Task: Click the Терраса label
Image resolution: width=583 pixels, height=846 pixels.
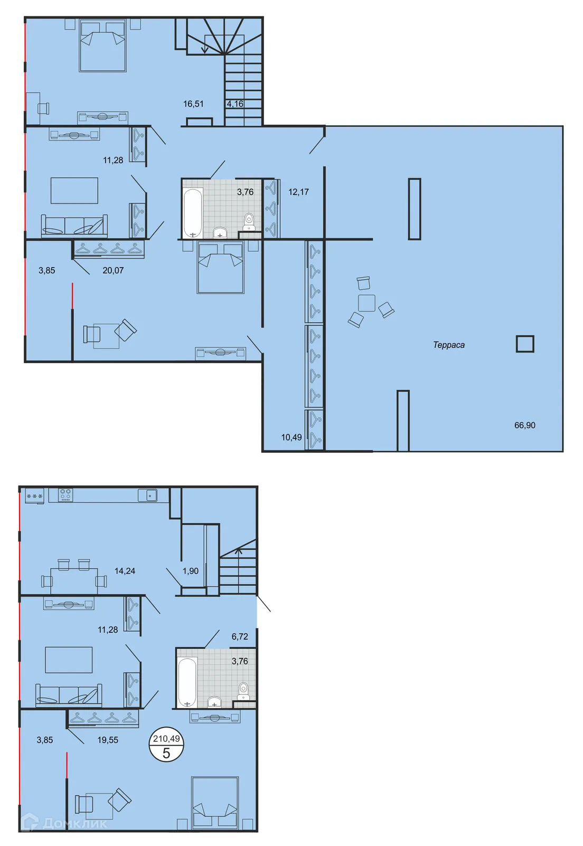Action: [x=448, y=345]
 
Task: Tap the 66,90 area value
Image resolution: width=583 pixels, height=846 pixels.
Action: [x=524, y=425]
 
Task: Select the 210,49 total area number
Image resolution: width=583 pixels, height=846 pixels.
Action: [x=166, y=739]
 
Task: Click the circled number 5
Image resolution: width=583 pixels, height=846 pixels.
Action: [x=166, y=753]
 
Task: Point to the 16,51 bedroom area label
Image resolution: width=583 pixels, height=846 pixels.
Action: [x=193, y=104]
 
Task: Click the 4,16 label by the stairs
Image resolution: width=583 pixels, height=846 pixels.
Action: [x=235, y=104]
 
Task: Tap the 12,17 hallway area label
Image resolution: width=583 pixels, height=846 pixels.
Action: [x=298, y=192]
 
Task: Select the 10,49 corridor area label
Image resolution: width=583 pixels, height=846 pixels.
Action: [x=291, y=437]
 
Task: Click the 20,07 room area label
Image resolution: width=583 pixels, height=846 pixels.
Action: [x=113, y=270]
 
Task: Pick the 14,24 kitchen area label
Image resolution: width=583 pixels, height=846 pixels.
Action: [x=125, y=571]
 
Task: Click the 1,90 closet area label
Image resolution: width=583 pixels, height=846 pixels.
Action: [x=190, y=571]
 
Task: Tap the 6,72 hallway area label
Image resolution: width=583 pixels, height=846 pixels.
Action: [x=240, y=637]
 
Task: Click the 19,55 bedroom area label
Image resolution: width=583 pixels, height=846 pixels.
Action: [x=108, y=740]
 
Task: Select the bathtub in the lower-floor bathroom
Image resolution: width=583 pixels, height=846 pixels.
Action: [x=187, y=682]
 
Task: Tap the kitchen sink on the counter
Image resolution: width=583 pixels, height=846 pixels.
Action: [x=147, y=495]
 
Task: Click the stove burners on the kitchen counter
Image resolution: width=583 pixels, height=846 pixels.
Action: [x=65, y=495]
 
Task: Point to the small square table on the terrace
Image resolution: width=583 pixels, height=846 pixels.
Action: [x=366, y=303]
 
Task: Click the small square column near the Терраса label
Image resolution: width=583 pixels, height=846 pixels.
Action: [x=524, y=344]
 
